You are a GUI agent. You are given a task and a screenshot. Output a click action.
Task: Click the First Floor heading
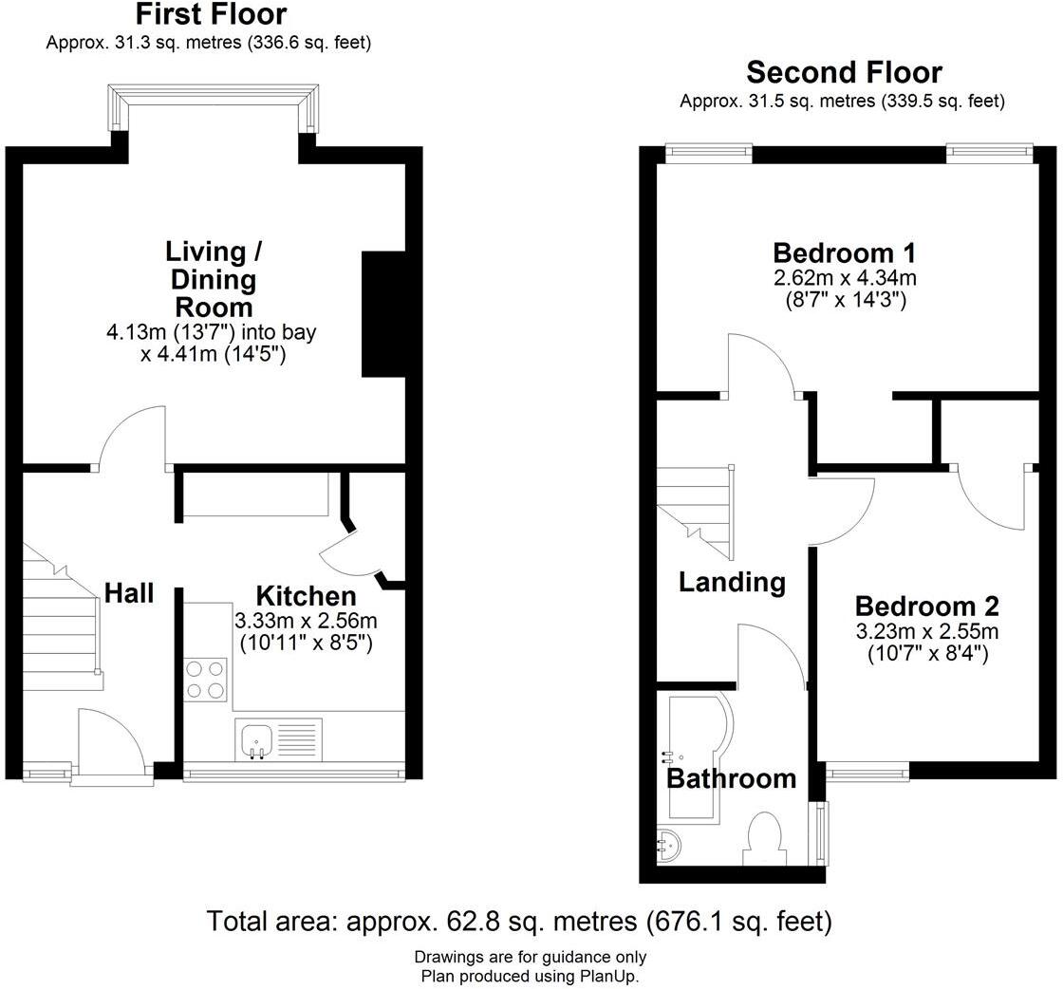(x=211, y=13)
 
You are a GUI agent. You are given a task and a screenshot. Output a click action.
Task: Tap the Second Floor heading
(x=844, y=72)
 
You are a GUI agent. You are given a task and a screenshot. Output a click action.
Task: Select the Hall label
(x=129, y=593)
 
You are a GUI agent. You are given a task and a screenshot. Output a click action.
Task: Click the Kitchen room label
(x=306, y=596)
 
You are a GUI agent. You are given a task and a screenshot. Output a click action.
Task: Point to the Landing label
(x=732, y=582)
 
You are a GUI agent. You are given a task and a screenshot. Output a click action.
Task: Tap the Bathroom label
(x=732, y=778)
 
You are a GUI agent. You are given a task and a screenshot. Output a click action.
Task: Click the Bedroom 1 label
(x=844, y=252)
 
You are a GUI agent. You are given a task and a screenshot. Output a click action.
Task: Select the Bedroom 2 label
(x=926, y=606)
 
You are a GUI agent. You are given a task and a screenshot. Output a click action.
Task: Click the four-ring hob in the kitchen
(x=205, y=680)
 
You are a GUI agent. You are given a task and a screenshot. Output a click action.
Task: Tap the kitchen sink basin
(x=256, y=741)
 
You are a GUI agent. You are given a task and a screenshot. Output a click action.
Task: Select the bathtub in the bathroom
(x=699, y=756)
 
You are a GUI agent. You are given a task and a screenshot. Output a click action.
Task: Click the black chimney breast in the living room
(x=383, y=314)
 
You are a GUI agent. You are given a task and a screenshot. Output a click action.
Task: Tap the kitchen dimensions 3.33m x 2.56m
(x=306, y=620)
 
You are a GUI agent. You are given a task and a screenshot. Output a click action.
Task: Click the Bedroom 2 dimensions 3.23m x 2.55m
(x=926, y=631)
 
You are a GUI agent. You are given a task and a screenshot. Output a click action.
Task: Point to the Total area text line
(x=518, y=922)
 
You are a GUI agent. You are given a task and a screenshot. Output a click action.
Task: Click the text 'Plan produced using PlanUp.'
(x=531, y=976)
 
